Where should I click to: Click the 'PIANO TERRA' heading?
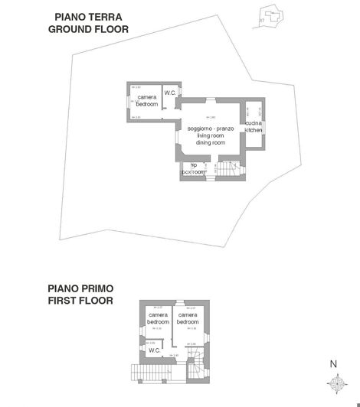click(x=89, y=16)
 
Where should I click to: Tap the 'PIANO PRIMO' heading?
click(x=80, y=288)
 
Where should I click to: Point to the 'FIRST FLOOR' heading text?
click(x=80, y=301)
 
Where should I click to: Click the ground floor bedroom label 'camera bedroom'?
click(x=147, y=100)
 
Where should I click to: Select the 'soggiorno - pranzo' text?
click(x=211, y=128)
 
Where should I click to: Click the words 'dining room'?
click(x=211, y=142)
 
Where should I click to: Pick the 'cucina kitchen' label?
click(x=254, y=126)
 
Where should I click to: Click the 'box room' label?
click(x=195, y=172)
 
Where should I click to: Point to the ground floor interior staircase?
click(x=227, y=171)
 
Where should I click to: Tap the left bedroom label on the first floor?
click(x=158, y=318)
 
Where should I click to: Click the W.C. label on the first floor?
click(x=154, y=350)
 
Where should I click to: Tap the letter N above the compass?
click(x=333, y=364)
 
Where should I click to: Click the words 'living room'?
click(x=211, y=135)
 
